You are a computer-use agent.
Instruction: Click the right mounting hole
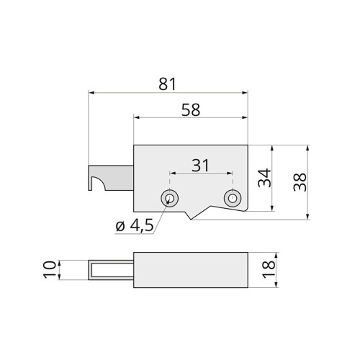point(232,198)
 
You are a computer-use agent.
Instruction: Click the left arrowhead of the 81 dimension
point(91,93)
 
